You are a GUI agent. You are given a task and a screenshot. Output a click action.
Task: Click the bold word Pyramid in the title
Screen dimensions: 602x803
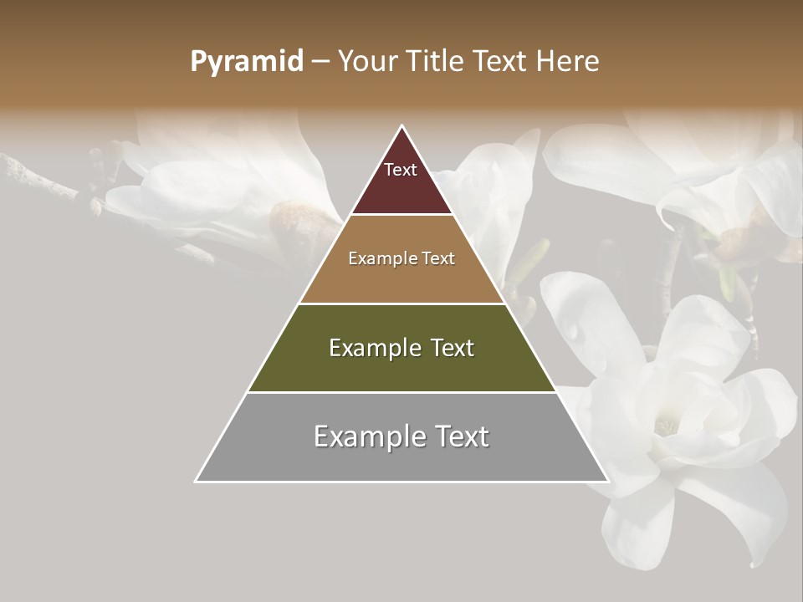tap(246, 62)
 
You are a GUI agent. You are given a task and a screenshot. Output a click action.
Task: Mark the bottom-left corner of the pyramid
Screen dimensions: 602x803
tap(197, 481)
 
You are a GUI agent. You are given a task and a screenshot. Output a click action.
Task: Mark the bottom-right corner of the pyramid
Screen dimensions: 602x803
tap(607, 481)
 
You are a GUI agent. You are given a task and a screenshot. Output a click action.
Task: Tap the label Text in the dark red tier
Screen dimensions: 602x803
tap(401, 170)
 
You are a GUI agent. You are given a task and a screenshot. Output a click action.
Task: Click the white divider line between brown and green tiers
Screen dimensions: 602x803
tap(401, 304)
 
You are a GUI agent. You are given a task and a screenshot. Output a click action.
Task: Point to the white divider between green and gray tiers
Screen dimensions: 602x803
tap(401, 392)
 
